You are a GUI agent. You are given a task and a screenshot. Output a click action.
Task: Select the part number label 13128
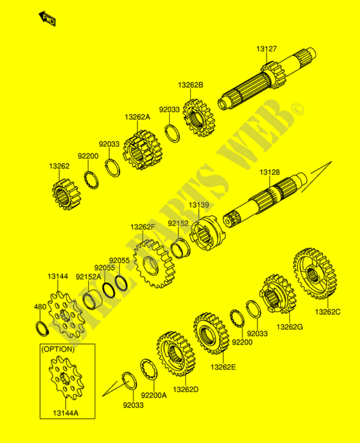click(x=269, y=173)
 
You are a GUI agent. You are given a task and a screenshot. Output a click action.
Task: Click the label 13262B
click(x=190, y=85)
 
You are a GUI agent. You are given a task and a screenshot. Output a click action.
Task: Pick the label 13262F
click(x=143, y=227)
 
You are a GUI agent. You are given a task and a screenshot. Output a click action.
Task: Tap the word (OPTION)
click(x=58, y=349)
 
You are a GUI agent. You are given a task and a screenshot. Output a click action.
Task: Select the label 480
click(x=40, y=307)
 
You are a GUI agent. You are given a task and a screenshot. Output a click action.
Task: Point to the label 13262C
click(x=328, y=312)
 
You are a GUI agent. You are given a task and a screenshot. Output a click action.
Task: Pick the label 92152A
click(x=88, y=277)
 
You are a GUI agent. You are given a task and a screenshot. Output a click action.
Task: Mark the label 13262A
click(x=137, y=117)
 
